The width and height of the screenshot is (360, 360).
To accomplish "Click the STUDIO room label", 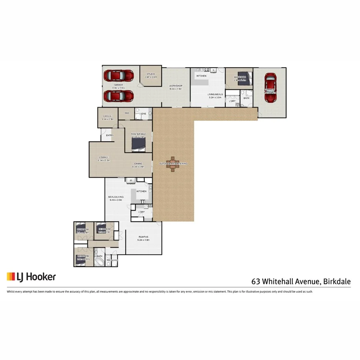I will coord(151,74).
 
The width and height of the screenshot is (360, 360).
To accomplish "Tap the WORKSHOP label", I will coord(176,86).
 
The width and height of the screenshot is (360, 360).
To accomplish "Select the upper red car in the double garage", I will coord(119,75).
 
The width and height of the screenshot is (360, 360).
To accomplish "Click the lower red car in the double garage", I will coord(119,96).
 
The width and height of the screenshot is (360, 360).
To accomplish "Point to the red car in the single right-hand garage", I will coord(270,88).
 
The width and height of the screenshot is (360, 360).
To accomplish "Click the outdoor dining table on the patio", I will coord(173,164).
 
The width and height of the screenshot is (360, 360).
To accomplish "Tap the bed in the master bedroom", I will coord(138,143).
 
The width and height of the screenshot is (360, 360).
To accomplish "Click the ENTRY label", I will coord(110,135).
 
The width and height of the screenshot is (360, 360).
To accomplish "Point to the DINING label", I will coord(138,163).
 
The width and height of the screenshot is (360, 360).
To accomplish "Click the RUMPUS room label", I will coord(143,237).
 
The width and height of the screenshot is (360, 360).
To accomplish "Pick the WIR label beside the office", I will coord(127,113).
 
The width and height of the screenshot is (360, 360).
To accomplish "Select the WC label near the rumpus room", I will coord(108,260).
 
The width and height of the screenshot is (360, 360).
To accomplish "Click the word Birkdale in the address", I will coord(337,282).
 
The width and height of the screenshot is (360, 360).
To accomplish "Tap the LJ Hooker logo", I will coord(31,277).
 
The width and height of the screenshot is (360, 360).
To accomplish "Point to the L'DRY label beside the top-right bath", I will coord(232,101).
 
